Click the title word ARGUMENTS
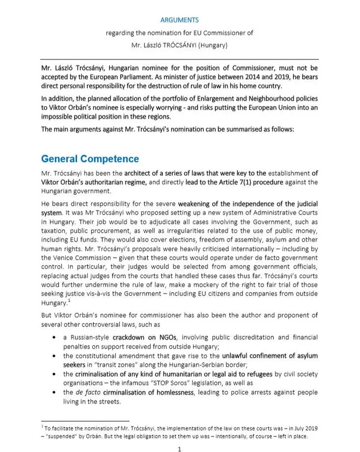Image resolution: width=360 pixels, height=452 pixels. point(179,20)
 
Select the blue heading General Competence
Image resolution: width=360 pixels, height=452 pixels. point(90,159)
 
